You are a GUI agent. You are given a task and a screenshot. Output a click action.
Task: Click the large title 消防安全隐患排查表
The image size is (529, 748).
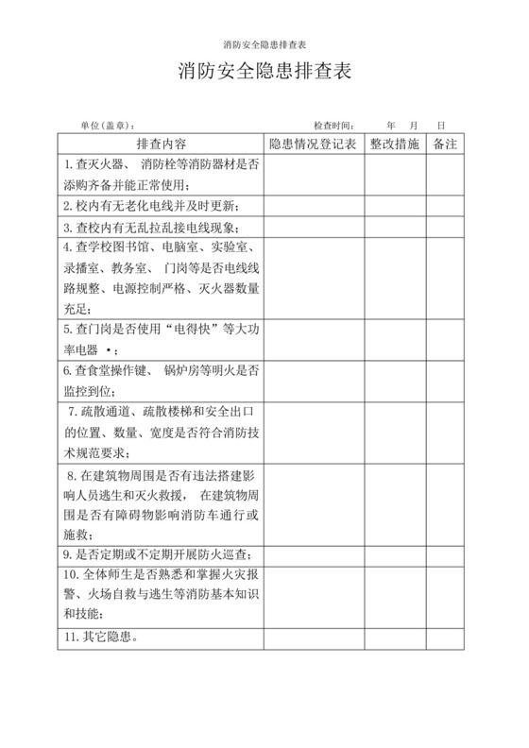tap(264, 73)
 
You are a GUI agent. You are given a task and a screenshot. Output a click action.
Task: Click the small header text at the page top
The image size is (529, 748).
tap(264, 44)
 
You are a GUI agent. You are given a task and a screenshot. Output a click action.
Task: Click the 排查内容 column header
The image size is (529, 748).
tap(162, 144)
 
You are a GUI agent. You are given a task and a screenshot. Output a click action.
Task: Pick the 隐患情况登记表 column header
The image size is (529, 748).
tap(311, 144)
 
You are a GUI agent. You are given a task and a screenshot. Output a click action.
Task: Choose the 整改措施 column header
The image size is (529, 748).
tap(395, 144)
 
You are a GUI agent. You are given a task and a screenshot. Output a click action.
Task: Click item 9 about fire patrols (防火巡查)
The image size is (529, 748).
tap(162, 554)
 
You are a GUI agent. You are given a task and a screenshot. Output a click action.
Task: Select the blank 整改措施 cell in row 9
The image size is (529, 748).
tap(395, 554)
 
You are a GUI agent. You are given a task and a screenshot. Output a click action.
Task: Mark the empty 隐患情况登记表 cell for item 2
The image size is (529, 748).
tap(311, 206)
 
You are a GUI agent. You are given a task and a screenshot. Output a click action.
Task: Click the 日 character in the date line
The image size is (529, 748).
tap(440, 125)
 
